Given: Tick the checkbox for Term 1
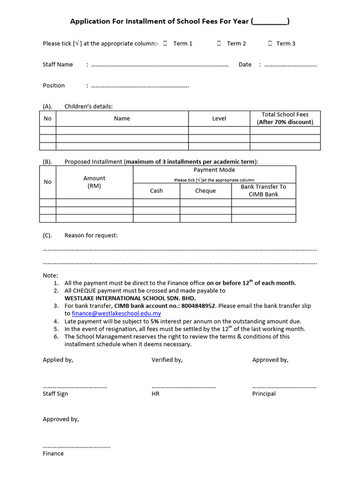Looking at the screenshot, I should pyautogui.click(x=166, y=43).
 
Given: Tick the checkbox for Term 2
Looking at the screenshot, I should pyautogui.click(x=219, y=43).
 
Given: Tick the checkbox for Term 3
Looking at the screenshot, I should pyautogui.click(x=270, y=43).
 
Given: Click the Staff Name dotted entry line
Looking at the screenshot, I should pyautogui.click(x=159, y=66).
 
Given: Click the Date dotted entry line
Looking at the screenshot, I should pyautogui.click(x=291, y=66).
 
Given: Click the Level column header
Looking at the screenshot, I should pyautogui.click(x=219, y=119).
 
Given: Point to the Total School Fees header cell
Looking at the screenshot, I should pyautogui.click(x=285, y=118).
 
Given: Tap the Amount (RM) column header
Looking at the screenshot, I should pyautogui.click(x=94, y=182).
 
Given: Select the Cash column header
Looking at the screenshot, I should pyautogui.click(x=156, y=191).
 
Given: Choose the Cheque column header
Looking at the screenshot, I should pyautogui.click(x=205, y=191).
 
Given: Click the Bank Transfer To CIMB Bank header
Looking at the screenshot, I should pyautogui.click(x=263, y=190).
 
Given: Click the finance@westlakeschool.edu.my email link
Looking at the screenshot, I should pyautogui.click(x=116, y=314).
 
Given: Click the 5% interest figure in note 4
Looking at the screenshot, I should pyautogui.click(x=154, y=322).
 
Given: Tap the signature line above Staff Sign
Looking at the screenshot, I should pyautogui.click(x=75, y=387).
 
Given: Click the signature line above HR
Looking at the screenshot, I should pyautogui.click(x=183, y=387).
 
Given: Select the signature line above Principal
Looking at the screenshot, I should pyautogui.click(x=284, y=387).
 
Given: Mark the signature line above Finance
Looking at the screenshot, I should pyautogui.click(x=76, y=447).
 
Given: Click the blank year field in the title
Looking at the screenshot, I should pyautogui.click(x=270, y=22).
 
